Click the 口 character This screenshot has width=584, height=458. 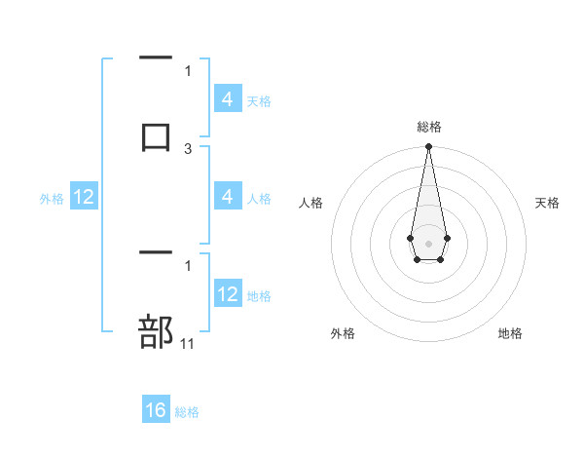click(156, 136)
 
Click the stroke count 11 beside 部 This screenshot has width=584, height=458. click(189, 344)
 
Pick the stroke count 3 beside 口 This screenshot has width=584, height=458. click(189, 149)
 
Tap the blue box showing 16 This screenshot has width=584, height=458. click(156, 410)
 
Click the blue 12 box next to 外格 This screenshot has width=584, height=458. click(84, 198)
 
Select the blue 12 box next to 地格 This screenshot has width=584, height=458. click(228, 295)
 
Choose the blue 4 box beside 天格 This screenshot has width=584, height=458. click(228, 99)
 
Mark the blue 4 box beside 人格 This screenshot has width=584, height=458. click(228, 198)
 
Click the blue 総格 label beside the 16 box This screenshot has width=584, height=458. click(187, 412)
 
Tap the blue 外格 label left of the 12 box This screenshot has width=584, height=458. click(52, 199)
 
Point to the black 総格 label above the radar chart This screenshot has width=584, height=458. click(428, 127)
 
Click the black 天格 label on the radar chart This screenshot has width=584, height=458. click(548, 203)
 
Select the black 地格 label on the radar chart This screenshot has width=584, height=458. click(510, 333)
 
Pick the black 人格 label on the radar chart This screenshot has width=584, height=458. click(310, 203)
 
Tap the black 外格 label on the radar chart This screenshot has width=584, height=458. click(343, 333)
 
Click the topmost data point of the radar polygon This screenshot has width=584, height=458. click(428, 147)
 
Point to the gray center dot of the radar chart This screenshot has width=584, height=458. click(428, 242)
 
